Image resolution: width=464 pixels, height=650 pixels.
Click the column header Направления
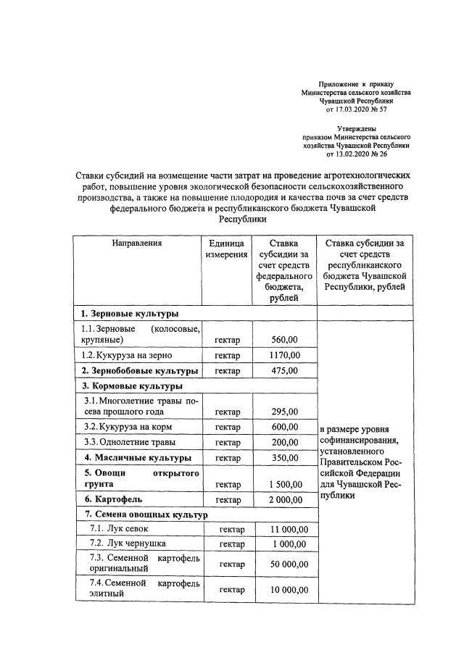[x=136, y=243]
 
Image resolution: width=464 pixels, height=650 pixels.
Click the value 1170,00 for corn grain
[x=283, y=355]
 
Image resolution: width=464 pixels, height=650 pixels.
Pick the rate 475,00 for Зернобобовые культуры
[x=283, y=371]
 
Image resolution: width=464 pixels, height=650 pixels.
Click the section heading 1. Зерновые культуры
[x=130, y=314]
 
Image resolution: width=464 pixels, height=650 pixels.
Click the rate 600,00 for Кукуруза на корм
[x=283, y=427]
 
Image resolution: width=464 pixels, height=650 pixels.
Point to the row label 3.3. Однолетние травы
[x=129, y=442]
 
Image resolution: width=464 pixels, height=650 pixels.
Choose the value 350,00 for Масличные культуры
[x=283, y=458]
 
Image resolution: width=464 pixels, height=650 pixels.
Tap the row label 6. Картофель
[x=112, y=500]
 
